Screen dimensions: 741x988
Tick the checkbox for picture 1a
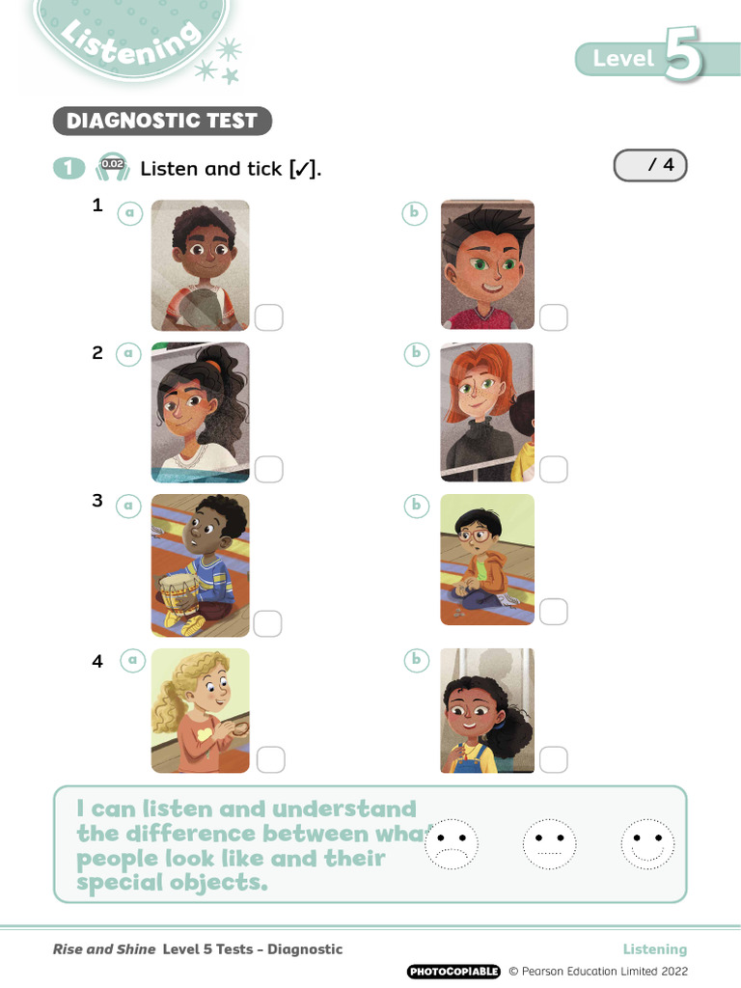tap(269, 317)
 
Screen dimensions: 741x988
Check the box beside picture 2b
tap(554, 470)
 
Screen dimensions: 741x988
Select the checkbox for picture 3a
tap(267, 624)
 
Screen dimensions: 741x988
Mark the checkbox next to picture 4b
tap(554, 760)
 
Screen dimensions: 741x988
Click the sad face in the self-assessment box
tap(452, 844)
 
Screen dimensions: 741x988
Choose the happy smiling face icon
tap(647, 844)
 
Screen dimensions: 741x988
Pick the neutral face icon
tap(549, 844)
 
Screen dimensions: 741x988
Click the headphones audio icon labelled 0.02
tap(113, 168)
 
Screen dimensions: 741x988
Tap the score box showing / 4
tap(650, 166)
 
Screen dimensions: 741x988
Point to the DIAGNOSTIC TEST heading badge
tap(162, 121)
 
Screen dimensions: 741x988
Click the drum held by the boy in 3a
tap(178, 594)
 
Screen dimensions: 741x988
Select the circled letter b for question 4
tap(416, 660)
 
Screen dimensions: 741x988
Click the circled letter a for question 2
tap(128, 354)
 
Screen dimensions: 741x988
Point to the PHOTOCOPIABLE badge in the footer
tap(453, 972)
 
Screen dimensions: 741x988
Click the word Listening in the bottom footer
tap(655, 949)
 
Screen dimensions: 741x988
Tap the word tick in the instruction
tap(264, 169)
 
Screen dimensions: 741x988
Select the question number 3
tap(97, 501)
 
